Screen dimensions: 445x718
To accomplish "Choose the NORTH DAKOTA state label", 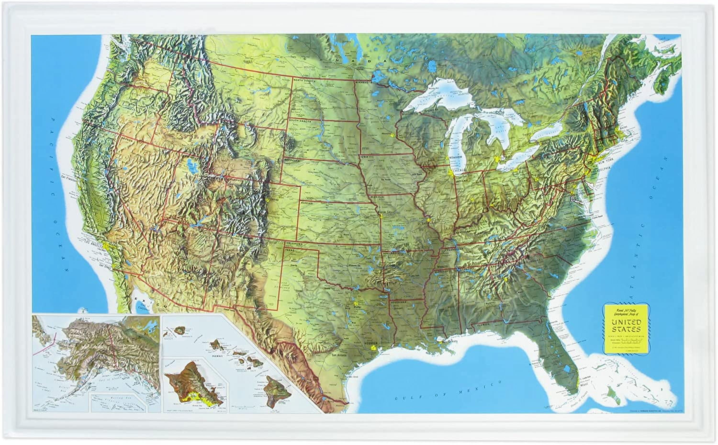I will click(x=304, y=80).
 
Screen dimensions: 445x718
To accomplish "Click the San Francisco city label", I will click(x=69, y=178).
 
